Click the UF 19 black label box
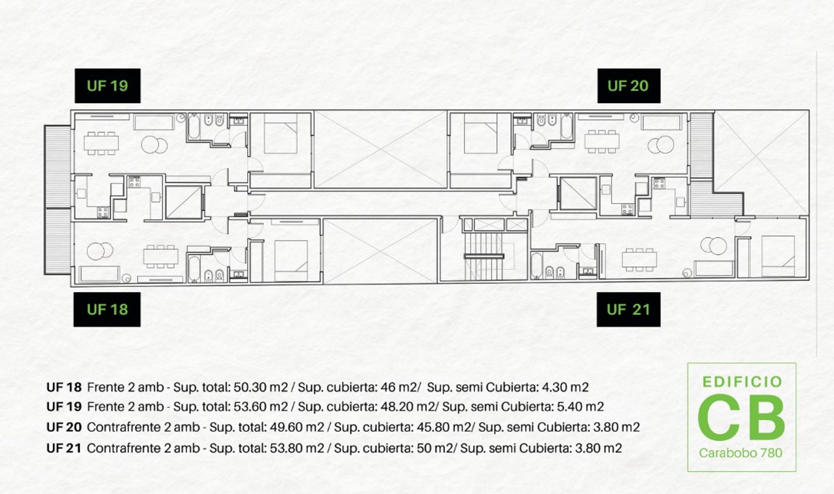(x=107, y=86)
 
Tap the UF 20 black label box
(x=629, y=86)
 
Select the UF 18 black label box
(x=107, y=309)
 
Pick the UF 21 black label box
(x=628, y=309)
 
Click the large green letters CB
(x=741, y=417)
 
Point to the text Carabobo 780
(x=740, y=453)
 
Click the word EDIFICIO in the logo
(x=742, y=382)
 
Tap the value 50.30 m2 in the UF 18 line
(x=261, y=387)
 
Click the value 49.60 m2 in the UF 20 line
(x=297, y=427)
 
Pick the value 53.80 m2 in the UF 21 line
(x=297, y=448)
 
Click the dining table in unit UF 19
(x=101, y=143)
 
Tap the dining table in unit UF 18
(x=161, y=256)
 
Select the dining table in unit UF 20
(x=602, y=141)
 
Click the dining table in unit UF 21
(x=639, y=259)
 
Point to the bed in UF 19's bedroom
(x=281, y=133)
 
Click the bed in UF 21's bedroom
(x=778, y=256)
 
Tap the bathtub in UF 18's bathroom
(x=194, y=269)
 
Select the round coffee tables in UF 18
(x=100, y=251)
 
